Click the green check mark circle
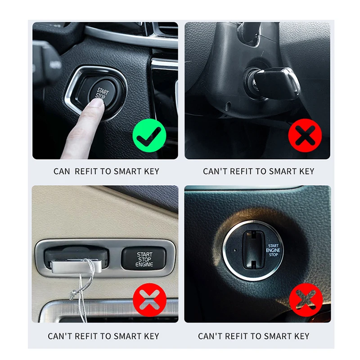tap(149, 135)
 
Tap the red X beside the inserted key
tap(305, 135)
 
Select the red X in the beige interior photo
tap(150, 300)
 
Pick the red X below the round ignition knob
tap(306, 300)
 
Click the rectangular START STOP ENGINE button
tap(144, 258)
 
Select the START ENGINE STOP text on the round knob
tap(273, 250)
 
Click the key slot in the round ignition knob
tap(252, 250)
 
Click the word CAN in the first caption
tap(62, 171)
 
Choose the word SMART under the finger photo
tap(128, 171)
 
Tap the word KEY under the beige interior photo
tap(152, 336)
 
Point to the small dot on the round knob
tap(234, 250)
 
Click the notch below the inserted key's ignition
tap(228, 106)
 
